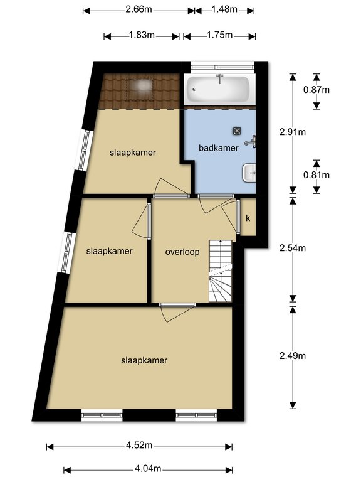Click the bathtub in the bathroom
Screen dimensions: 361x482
click(218, 90)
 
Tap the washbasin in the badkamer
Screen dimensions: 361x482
click(249, 173)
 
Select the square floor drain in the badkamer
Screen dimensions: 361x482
click(236, 131)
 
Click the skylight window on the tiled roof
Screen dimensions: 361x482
click(140, 89)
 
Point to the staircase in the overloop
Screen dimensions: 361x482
click(221, 271)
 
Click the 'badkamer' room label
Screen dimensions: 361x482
click(219, 148)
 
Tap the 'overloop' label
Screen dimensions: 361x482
click(182, 252)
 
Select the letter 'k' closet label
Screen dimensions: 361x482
click(248, 218)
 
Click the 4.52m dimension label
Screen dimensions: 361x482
click(139, 445)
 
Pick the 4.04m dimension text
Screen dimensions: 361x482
click(148, 468)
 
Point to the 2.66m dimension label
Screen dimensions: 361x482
click(139, 9)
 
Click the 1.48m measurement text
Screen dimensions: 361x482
click(224, 9)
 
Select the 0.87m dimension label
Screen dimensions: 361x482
click(317, 90)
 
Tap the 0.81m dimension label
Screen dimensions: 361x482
click(317, 175)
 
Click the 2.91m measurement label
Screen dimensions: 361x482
click(293, 132)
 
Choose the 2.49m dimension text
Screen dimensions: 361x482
click(293, 356)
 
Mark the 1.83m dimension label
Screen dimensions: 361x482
click(142, 35)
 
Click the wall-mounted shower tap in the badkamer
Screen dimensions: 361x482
click(251, 142)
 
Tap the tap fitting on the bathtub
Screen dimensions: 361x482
click(220, 78)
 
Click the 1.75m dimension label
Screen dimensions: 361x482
click(219, 35)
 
